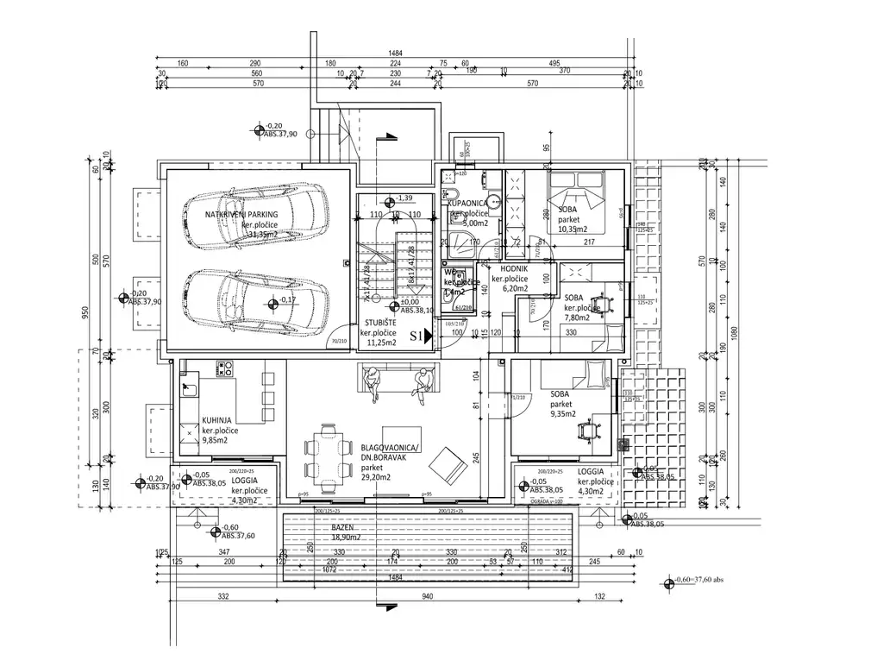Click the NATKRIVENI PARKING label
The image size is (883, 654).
pyautogui.click(x=241, y=214)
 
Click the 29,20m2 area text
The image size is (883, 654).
pyautogui.click(x=375, y=477)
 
